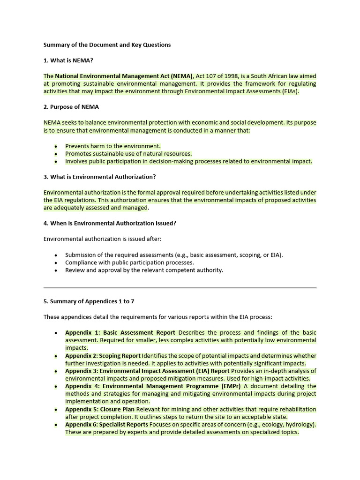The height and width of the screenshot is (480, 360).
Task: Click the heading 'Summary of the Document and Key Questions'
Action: pos(107,45)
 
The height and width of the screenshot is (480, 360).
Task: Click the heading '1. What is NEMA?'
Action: pos(71,60)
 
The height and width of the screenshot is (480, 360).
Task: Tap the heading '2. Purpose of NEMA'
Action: pos(71,107)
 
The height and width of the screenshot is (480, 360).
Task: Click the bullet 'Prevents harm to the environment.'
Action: pos(112,146)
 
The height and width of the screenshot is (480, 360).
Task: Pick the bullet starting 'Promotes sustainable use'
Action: pos(128,153)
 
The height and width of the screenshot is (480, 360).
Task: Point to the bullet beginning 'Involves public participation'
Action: pos(188,161)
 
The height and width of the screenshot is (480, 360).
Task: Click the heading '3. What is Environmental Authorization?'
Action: pos(99,177)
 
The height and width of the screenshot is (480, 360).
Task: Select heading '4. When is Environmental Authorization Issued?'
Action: pos(110,223)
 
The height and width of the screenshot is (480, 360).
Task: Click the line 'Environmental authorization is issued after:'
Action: pos(102,239)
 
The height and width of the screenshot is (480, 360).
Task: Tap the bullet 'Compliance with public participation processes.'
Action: pos(129,262)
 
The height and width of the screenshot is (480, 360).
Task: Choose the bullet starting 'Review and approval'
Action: pos(144,270)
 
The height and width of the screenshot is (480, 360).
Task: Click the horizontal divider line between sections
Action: pos(180,287)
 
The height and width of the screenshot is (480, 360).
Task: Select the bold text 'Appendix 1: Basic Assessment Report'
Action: pos(120,332)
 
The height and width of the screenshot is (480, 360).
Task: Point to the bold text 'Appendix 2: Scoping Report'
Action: pos(103,356)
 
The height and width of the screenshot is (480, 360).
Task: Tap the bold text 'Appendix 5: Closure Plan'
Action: pos(100,409)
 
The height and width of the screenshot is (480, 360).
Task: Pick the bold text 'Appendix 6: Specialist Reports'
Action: pos(106,425)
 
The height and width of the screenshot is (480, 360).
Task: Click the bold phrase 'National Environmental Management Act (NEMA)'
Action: pos(124,76)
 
